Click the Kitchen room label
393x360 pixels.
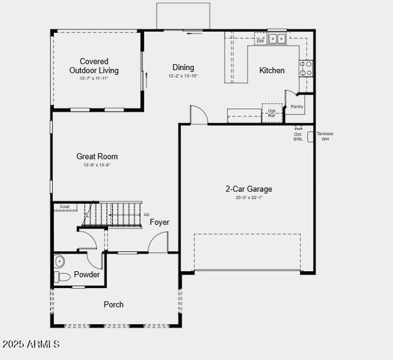(x=272, y=70)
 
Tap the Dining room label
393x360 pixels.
(x=183, y=67)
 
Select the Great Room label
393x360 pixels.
(x=97, y=156)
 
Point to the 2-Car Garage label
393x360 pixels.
(x=248, y=189)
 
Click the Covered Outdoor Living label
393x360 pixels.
(x=94, y=65)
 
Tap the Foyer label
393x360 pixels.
(x=159, y=222)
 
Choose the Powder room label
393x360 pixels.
(x=87, y=275)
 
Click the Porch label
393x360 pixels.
(x=113, y=304)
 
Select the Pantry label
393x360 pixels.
(x=297, y=107)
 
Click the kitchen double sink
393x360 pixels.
(x=277, y=39)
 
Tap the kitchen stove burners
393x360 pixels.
(x=306, y=67)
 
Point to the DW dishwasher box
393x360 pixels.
(x=260, y=41)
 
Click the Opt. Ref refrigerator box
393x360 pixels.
(x=272, y=113)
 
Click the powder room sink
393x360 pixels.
(x=59, y=262)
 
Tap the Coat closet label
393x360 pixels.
(x=65, y=207)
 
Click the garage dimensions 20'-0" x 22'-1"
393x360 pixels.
(x=248, y=197)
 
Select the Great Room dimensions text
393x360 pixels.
(x=97, y=164)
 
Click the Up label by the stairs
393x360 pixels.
(x=146, y=214)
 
